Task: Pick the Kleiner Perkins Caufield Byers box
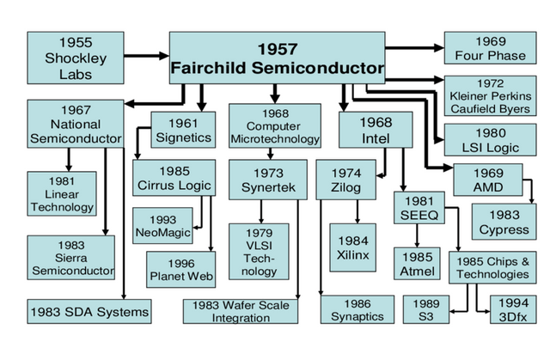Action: coord(492,95)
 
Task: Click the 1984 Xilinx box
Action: coord(353,246)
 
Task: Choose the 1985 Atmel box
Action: coord(419,264)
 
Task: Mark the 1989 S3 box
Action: coord(427,309)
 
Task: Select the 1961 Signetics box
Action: coord(177,129)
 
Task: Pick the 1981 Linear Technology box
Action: coord(61,193)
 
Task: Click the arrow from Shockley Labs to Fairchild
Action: coord(141,56)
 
